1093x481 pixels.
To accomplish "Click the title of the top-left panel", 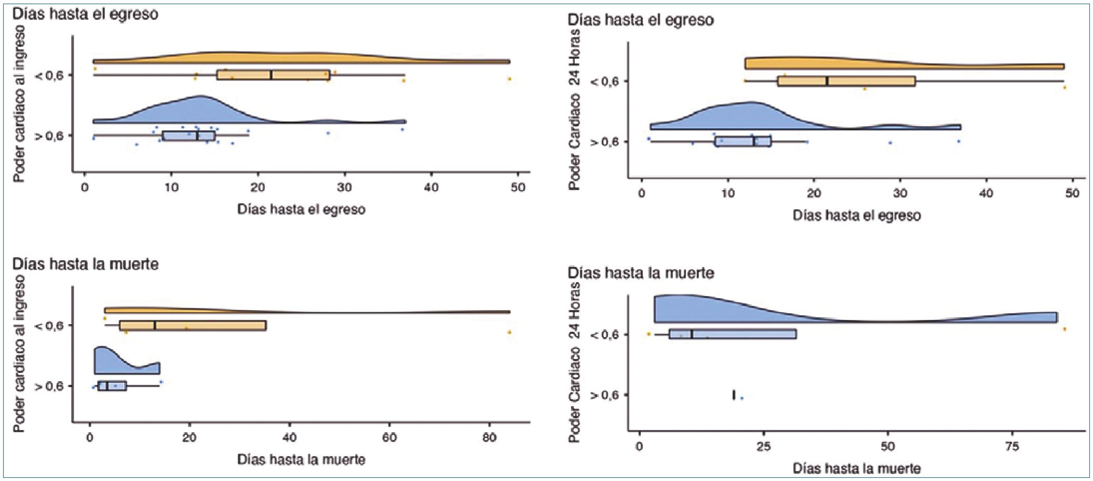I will pyautogui.click(x=85, y=14).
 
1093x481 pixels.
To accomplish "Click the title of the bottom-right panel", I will pyautogui.click(x=641, y=273).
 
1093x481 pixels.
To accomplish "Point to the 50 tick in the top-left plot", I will pyautogui.click(x=518, y=188).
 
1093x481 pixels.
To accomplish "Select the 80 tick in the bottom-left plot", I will pyautogui.click(x=489, y=438).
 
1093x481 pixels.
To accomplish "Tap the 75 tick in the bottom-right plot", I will pyautogui.click(x=1013, y=446).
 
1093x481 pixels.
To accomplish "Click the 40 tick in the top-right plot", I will pyautogui.click(x=986, y=194).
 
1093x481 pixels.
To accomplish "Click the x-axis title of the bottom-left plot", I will pyautogui.click(x=301, y=460).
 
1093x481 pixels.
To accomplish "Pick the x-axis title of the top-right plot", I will pyautogui.click(x=857, y=216).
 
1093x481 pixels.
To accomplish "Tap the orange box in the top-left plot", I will pyautogui.click(x=273, y=75).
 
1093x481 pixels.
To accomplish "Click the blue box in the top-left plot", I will pyautogui.click(x=188, y=136).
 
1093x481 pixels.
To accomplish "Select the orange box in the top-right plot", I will pyautogui.click(x=846, y=81).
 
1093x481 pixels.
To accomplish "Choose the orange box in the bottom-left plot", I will pyautogui.click(x=193, y=326).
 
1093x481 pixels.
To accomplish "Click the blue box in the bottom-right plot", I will pyautogui.click(x=733, y=334).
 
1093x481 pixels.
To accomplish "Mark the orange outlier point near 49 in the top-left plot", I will pyautogui.click(x=510, y=79).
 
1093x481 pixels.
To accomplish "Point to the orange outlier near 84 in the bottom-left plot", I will pyautogui.click(x=510, y=332).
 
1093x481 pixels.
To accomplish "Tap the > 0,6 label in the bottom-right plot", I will pyautogui.click(x=605, y=395).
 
